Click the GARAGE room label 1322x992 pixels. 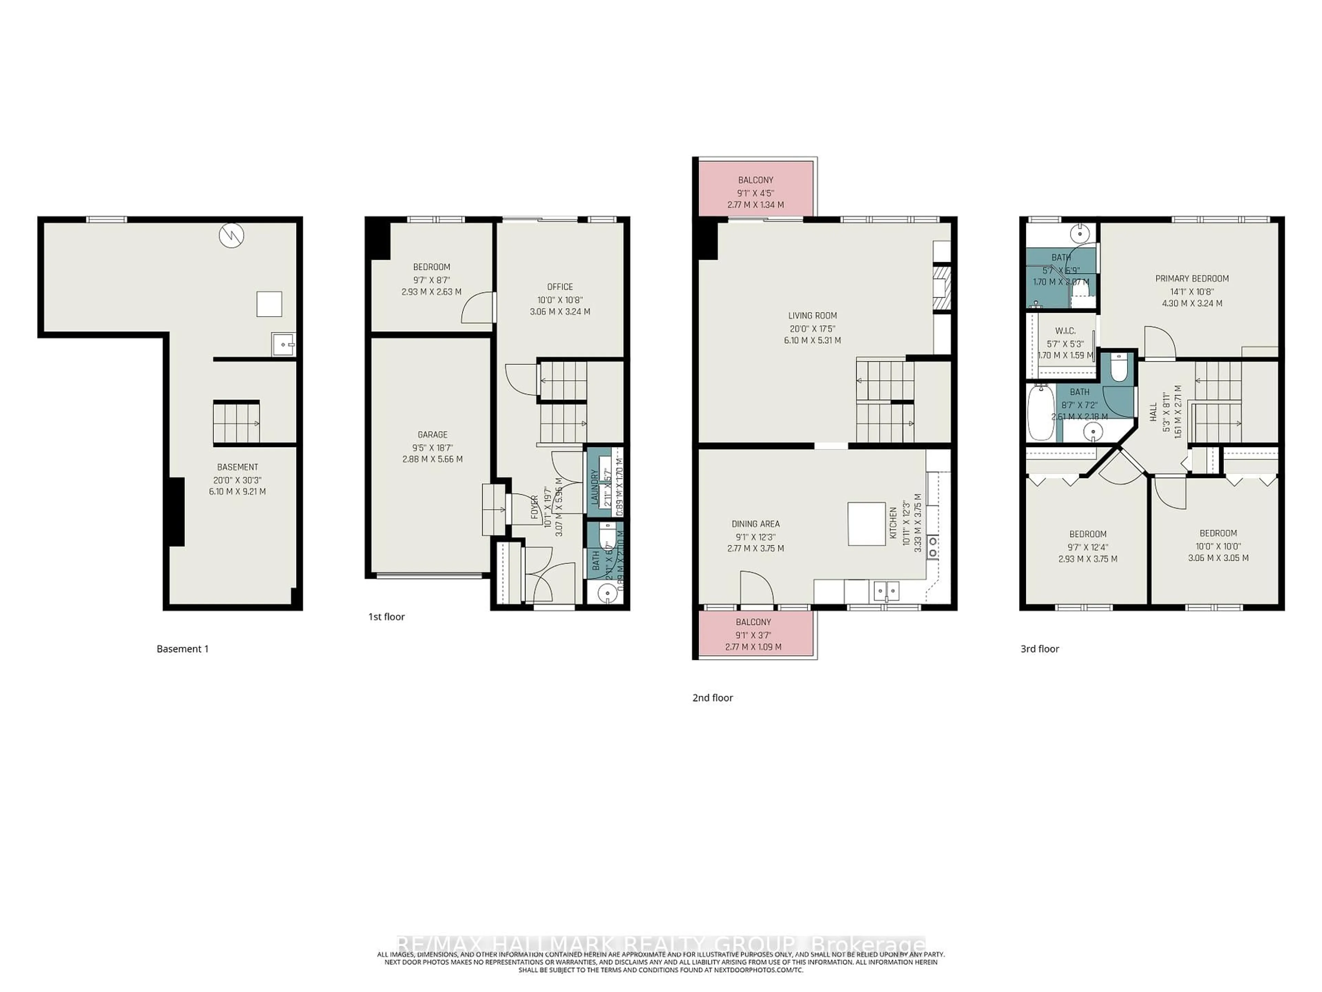point(432,435)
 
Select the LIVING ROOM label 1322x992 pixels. point(812,316)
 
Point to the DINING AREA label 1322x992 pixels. point(755,524)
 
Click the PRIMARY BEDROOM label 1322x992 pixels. point(1192,279)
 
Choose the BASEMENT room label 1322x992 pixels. point(237,467)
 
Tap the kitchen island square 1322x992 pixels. point(866,523)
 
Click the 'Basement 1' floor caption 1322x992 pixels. point(182,649)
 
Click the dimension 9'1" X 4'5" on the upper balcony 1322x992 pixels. point(755,193)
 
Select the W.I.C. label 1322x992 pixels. point(1065,331)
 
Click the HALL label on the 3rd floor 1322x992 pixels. point(1153,412)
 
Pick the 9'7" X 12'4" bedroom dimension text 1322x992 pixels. point(1088,547)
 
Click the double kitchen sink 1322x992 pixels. point(886,591)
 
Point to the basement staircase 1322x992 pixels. point(237,423)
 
